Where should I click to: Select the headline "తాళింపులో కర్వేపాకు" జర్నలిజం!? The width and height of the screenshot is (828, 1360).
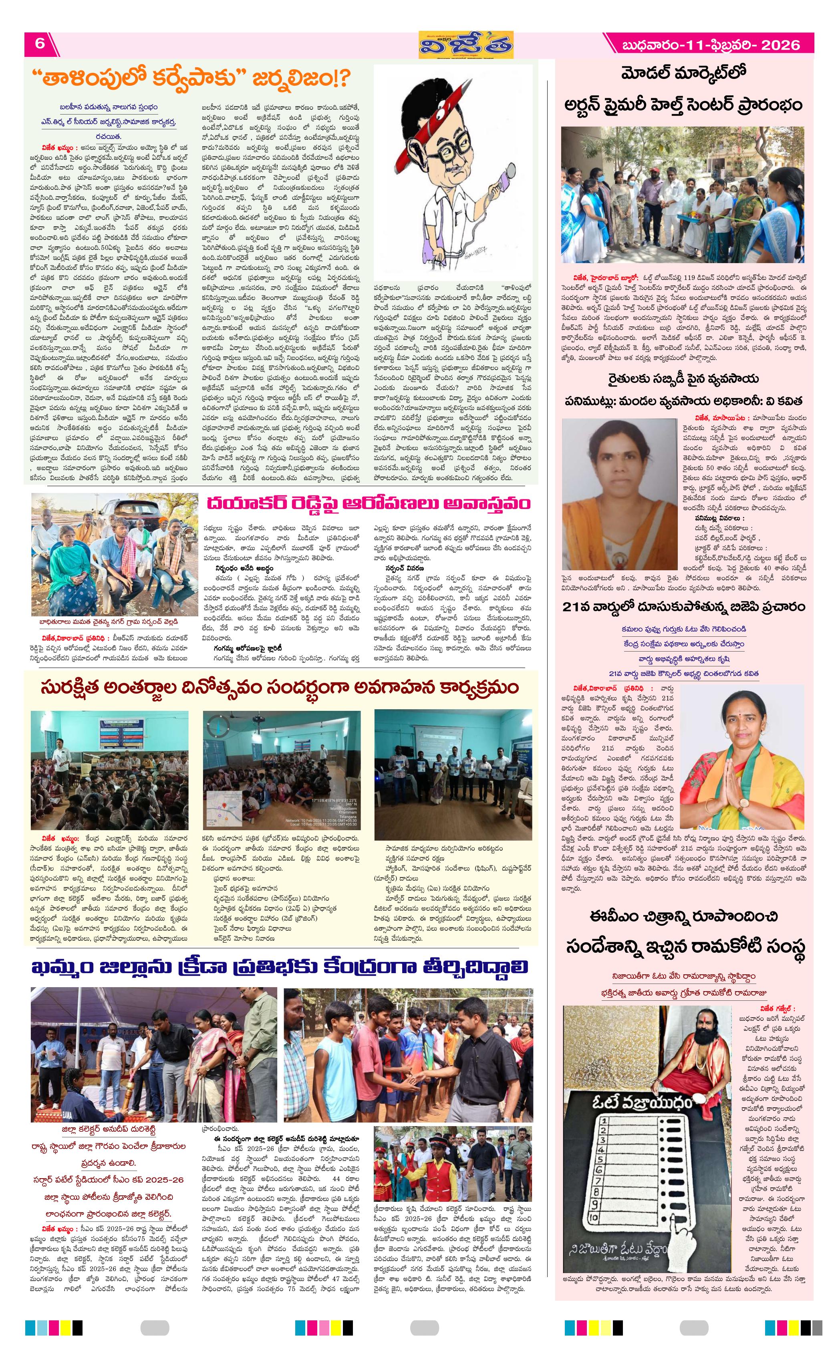click(x=190, y=79)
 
